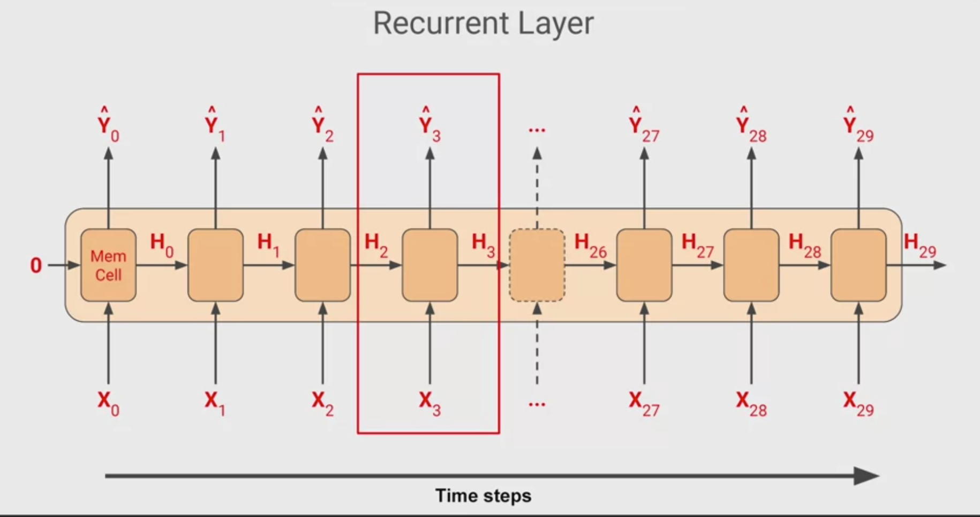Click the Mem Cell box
click(108, 265)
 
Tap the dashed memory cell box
click(537, 265)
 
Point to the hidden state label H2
click(376, 244)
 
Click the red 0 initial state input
click(36, 265)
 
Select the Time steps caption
click(483, 496)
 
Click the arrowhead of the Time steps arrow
click(866, 476)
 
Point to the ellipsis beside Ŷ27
click(537, 129)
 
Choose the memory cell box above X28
click(751, 265)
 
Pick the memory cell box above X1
click(215, 265)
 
